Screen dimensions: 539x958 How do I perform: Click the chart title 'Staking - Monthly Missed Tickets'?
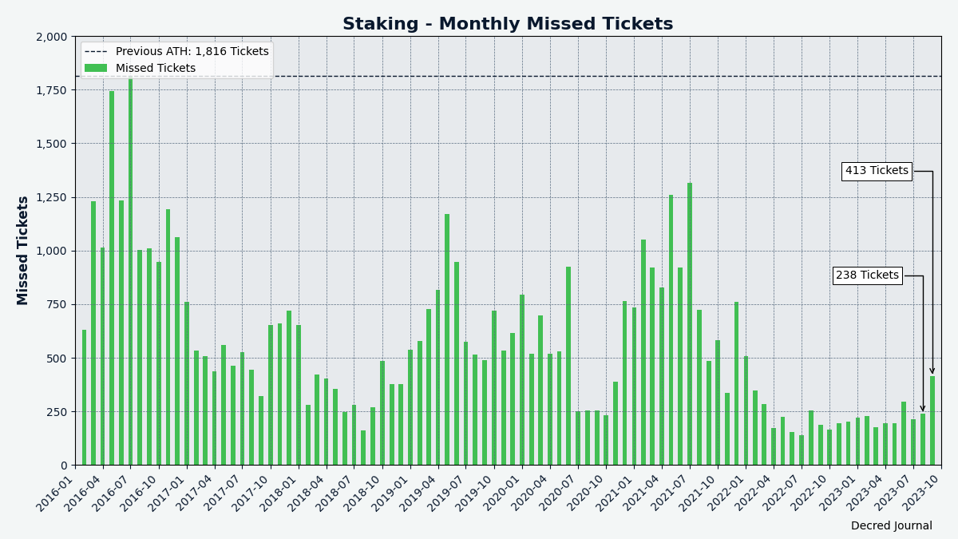click(508, 24)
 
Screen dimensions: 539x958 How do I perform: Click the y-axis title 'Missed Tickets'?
click(23, 250)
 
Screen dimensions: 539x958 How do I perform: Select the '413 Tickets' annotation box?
click(877, 171)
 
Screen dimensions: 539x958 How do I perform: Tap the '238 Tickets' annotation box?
click(867, 275)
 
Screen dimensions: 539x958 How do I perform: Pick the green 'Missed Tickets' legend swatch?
click(96, 69)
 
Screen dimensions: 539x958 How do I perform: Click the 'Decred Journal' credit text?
click(891, 526)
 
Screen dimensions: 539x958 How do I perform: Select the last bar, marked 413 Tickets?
click(932, 421)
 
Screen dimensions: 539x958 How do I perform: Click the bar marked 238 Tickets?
click(923, 439)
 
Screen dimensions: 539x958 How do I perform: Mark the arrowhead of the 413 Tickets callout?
click(932, 371)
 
